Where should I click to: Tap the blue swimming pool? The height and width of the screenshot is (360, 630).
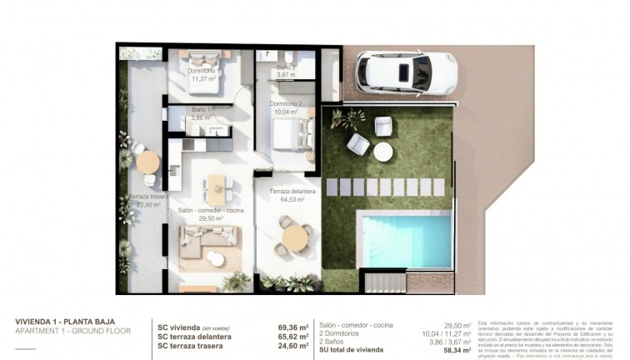[x=403, y=239]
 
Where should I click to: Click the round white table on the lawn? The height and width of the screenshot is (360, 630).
[x=382, y=152]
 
